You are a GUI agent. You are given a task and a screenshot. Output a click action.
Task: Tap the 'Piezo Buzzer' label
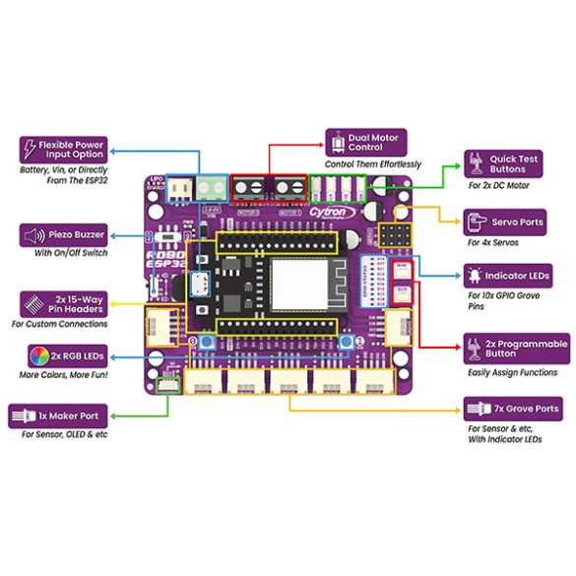63,235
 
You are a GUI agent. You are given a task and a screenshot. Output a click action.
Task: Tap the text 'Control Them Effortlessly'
372,163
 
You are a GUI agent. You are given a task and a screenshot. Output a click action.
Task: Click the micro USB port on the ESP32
201,285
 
